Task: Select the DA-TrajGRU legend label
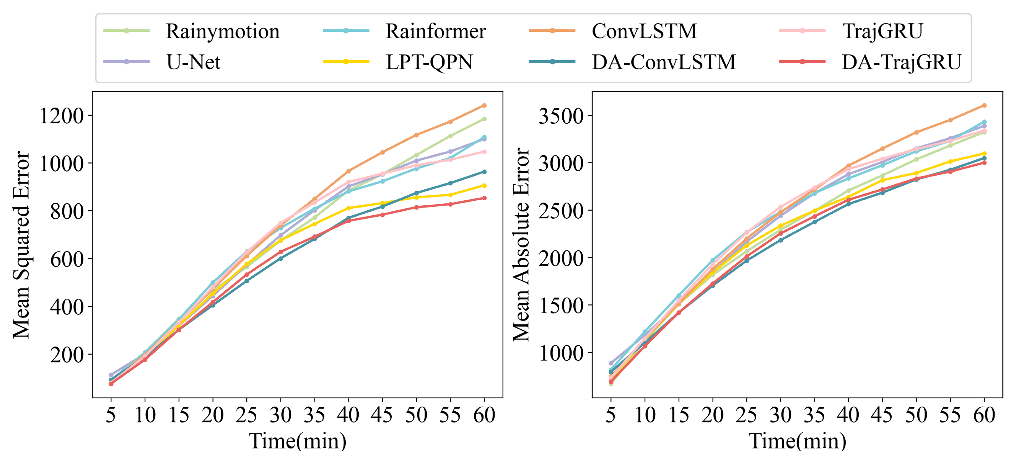[901, 62]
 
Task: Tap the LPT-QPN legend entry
[429, 62]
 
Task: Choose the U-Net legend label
[193, 62]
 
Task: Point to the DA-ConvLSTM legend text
[663, 62]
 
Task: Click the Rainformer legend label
[435, 31]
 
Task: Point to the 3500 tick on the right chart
[561, 116]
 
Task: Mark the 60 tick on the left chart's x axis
[484, 415]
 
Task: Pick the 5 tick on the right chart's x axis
[611, 415]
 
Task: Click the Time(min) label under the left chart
[297, 440]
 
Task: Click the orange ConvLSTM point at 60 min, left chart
[484, 105]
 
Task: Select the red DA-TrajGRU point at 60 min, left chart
[484, 198]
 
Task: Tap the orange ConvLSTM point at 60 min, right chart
[984, 105]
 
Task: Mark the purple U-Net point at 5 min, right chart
[611, 363]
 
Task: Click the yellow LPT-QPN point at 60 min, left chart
[484, 185]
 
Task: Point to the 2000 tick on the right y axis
[561, 258]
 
